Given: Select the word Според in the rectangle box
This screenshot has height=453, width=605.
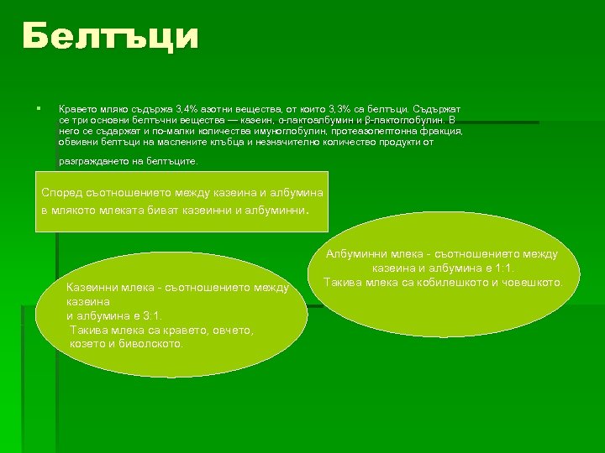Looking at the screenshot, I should pos(62,192).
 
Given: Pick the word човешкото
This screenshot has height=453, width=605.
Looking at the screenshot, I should pos(534,283).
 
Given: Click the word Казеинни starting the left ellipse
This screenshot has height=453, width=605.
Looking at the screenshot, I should pos(93,288).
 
